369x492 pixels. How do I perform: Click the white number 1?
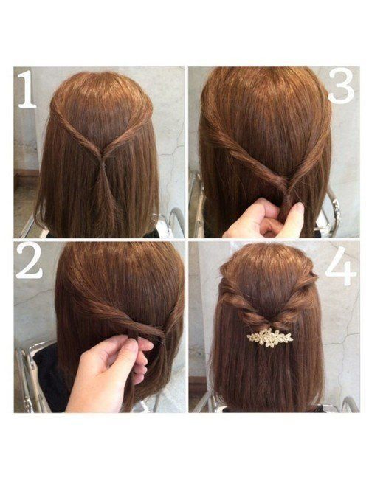tap(27, 89)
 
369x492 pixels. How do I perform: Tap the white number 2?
tap(30, 262)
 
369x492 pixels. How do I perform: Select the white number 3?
tap(342, 86)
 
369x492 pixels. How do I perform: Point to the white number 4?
tap(341, 266)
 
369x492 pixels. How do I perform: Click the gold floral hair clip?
tap(270, 338)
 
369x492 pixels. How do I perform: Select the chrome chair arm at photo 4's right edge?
tap(350, 404)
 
